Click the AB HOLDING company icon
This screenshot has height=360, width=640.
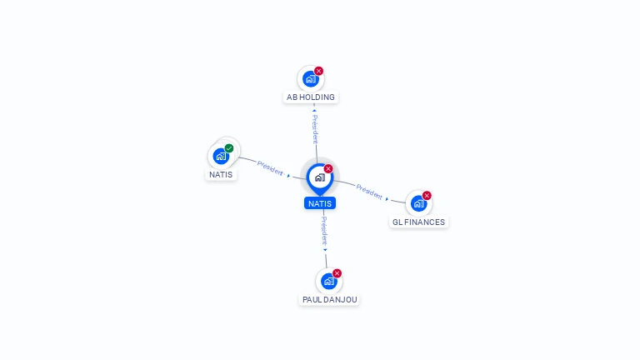(x=310, y=79)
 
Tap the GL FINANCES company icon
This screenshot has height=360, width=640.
(x=418, y=202)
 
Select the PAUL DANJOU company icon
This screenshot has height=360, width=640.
(x=328, y=282)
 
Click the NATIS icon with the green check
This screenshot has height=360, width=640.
(x=221, y=156)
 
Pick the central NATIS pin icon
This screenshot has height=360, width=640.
(x=319, y=177)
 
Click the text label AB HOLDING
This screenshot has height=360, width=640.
(x=311, y=97)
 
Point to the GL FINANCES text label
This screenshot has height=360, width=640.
(x=418, y=222)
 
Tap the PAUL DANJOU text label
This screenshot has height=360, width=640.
(x=329, y=299)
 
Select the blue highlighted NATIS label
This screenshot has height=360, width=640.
(x=320, y=203)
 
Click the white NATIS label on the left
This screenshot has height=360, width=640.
(x=221, y=175)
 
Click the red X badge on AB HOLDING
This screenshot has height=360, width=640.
(x=318, y=71)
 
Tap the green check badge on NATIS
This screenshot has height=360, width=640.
(x=229, y=148)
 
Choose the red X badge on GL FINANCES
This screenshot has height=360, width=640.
(x=427, y=196)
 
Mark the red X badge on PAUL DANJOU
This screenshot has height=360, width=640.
(x=337, y=273)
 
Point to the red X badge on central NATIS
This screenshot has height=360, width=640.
(x=328, y=169)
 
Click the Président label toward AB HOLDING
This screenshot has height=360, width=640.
(x=315, y=129)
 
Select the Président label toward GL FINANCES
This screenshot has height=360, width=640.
(x=369, y=191)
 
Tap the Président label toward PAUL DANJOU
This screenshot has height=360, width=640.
(x=324, y=230)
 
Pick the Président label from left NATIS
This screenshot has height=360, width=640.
(x=270, y=167)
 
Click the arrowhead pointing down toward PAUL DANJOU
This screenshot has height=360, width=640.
(x=325, y=248)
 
